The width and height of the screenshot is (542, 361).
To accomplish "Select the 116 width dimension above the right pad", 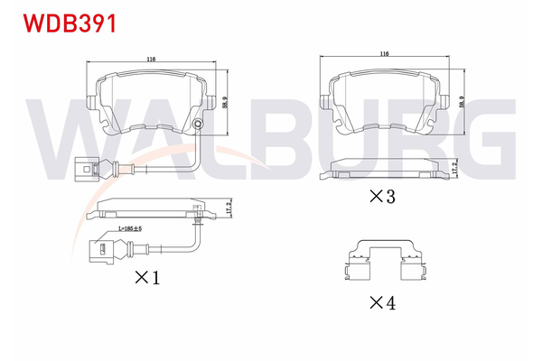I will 385,55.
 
